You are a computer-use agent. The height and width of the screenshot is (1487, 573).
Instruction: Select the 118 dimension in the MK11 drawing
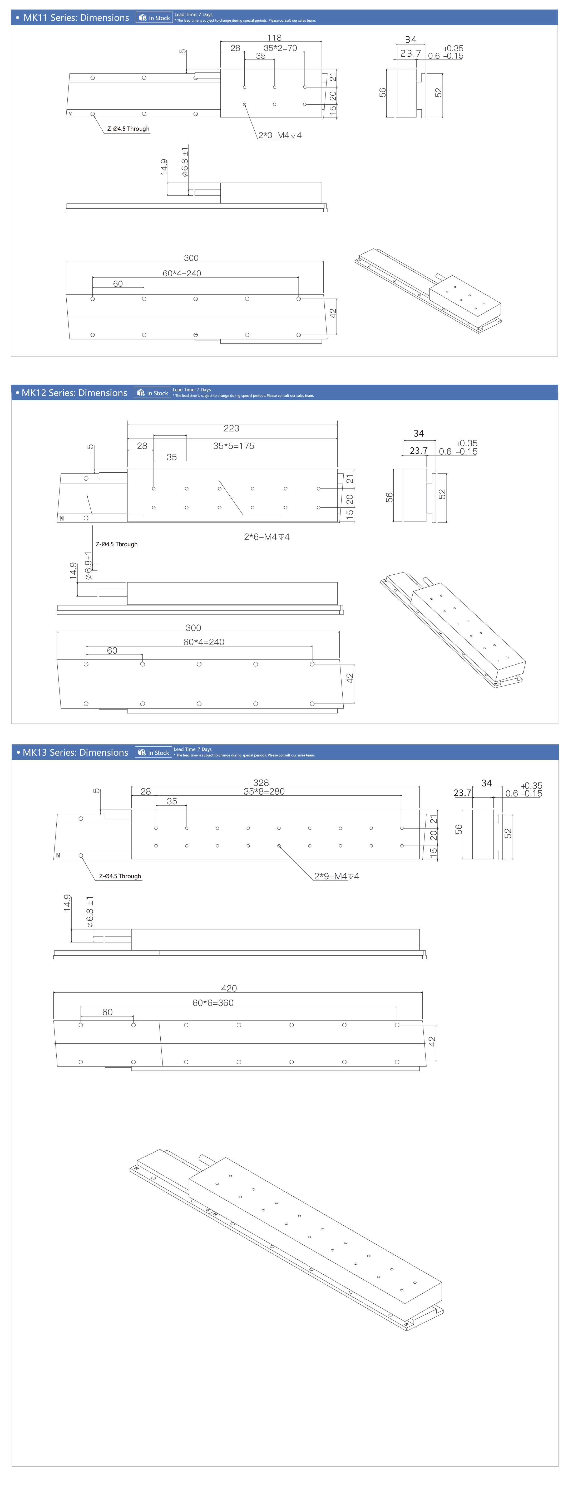pos(274,37)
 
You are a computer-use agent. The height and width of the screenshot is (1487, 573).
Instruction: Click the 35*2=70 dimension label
pos(280,48)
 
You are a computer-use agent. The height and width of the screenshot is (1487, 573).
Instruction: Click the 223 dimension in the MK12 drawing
pos(231,428)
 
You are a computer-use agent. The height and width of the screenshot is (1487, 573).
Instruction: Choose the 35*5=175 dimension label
pos(234,446)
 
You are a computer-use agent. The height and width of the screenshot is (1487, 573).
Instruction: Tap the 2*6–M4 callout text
pos(266,537)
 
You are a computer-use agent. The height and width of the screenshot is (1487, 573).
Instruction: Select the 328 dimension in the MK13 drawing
pos(261,783)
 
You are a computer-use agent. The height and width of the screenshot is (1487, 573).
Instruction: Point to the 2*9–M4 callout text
pos(337,876)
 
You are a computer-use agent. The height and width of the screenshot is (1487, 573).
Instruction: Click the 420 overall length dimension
pos(229,988)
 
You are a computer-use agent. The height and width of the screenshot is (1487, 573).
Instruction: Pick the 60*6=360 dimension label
pos(213,1003)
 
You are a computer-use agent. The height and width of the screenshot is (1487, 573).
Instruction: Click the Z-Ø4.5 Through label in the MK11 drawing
pos(128,129)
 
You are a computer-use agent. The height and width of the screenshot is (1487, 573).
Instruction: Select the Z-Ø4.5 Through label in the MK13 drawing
pos(120,876)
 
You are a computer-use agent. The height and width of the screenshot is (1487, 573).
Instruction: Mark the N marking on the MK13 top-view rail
pos(58,855)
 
